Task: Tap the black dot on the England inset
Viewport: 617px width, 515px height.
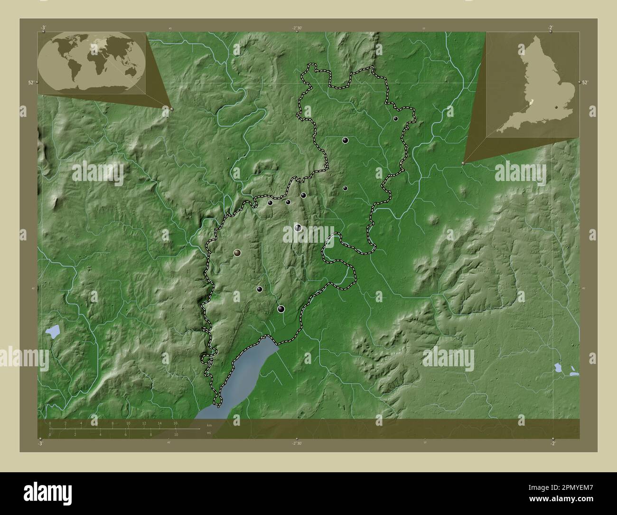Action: pos(555,107)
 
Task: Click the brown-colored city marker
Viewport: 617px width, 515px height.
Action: pos(237,253)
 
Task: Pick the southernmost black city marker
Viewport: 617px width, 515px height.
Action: pos(281,309)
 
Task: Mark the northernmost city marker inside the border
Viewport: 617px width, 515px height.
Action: pos(395,119)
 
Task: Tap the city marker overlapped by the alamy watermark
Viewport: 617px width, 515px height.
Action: pos(298,228)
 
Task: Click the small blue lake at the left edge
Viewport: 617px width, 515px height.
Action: pos(53,331)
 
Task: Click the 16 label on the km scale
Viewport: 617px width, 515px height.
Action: pos(175,423)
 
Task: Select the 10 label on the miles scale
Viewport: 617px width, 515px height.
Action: pos(176,435)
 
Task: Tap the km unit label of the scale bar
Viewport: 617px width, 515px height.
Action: pos(209,425)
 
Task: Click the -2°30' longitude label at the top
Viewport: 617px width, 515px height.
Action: pos(297,28)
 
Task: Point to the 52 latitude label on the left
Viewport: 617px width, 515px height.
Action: pos(30,83)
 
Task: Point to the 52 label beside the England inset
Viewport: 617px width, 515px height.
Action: pos(585,83)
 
